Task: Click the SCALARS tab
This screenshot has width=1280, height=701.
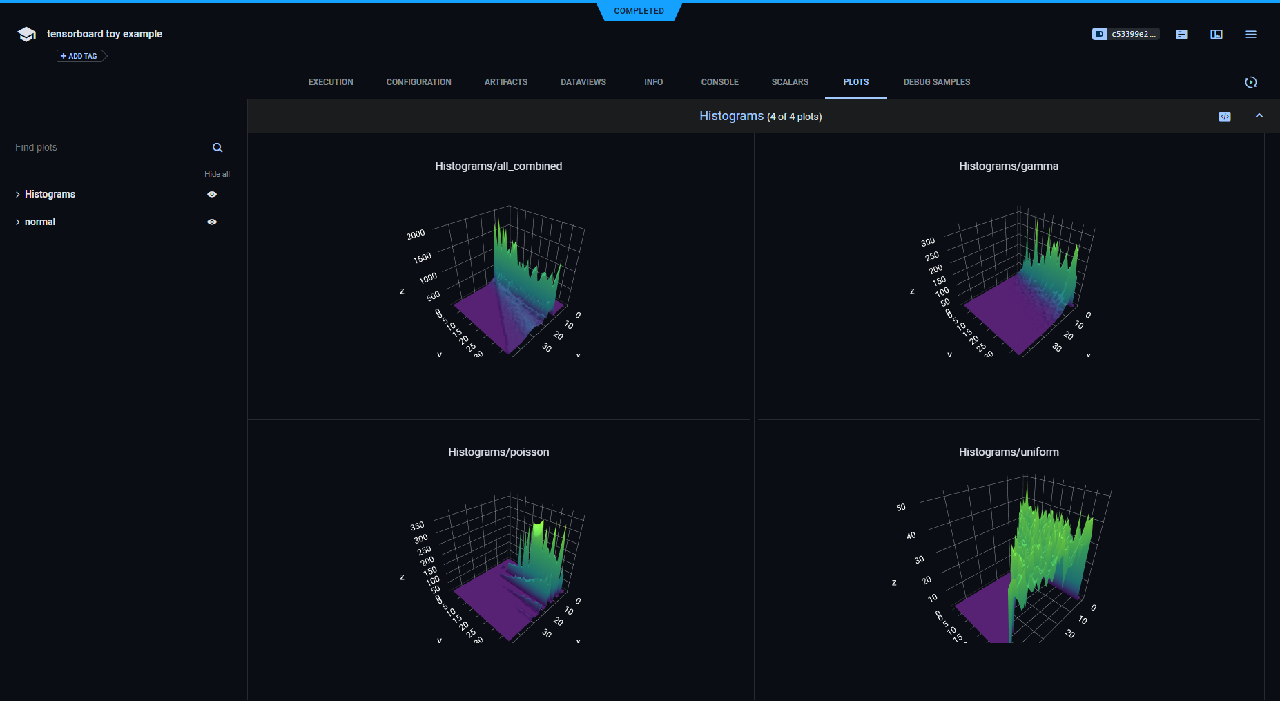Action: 790,82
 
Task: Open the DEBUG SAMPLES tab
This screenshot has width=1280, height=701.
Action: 936,82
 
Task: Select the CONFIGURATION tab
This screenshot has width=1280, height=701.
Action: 418,82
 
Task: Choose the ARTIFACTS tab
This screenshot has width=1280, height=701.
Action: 505,82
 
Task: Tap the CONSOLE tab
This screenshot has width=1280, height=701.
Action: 719,82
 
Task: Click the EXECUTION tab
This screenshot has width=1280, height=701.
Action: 331,82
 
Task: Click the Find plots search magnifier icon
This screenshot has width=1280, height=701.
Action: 217,148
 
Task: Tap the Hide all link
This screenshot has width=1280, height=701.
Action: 217,174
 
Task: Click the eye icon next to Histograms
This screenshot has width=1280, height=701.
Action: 212,194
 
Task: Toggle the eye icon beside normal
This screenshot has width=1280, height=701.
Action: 212,222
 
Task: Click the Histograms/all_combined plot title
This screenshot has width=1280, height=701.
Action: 498,166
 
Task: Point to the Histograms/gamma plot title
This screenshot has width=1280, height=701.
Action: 1008,166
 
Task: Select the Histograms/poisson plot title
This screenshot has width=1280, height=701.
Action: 498,452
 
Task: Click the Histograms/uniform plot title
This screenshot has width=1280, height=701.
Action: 1008,452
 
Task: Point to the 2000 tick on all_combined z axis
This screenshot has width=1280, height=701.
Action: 416,235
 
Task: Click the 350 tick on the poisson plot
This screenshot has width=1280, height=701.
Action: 417,526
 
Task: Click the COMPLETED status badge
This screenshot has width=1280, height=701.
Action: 639,11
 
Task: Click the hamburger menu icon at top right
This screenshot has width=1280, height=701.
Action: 1250,34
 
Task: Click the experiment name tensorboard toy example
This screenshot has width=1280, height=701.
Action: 104,34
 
